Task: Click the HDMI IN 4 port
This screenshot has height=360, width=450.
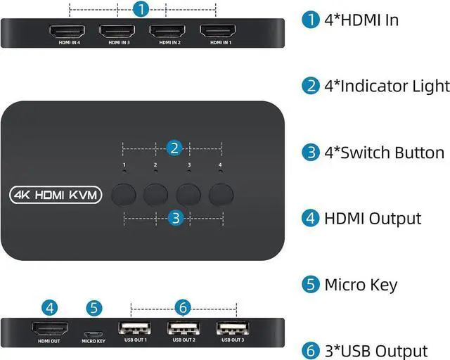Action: tap(67, 32)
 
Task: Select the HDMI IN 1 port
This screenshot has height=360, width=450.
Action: tap(218, 32)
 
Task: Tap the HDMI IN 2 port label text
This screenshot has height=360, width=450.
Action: tap(167, 42)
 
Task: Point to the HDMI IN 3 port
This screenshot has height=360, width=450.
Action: tap(117, 32)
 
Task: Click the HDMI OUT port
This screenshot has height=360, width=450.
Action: tap(49, 329)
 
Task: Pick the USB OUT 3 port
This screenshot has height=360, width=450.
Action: tap(233, 329)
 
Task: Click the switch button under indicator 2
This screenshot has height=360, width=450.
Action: tap(156, 193)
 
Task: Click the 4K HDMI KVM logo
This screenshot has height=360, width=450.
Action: tap(56, 195)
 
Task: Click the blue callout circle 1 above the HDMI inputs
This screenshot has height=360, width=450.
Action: tap(141, 10)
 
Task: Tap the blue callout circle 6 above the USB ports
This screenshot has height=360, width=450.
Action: tap(183, 307)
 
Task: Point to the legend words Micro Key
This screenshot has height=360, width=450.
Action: tap(361, 285)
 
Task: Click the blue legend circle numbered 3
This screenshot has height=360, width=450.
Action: tap(310, 153)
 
